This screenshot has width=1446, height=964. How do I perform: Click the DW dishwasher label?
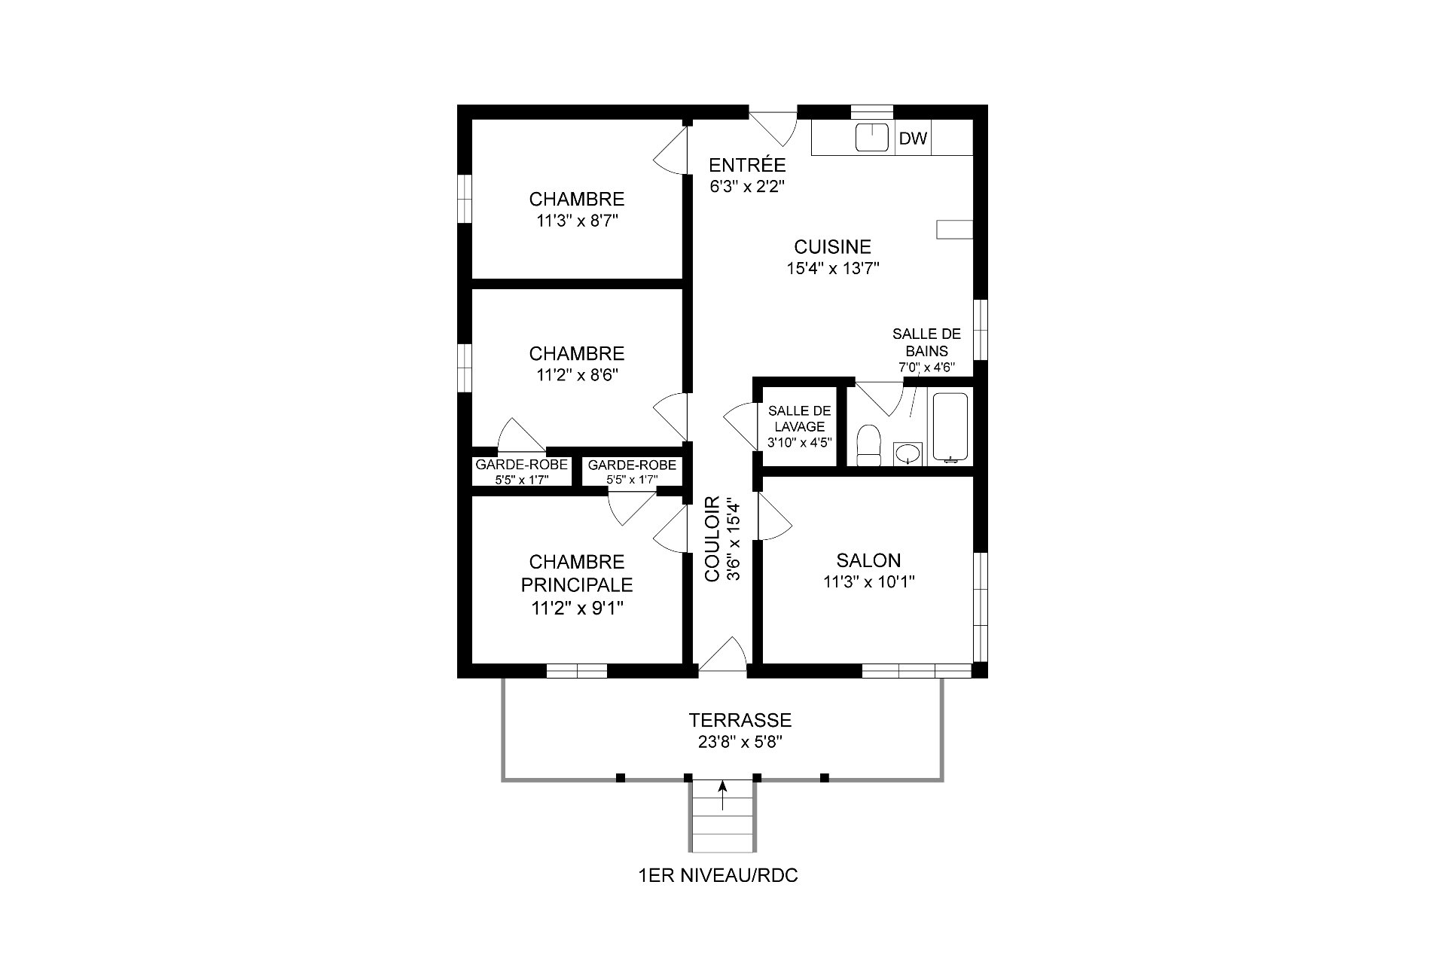pyautogui.click(x=913, y=139)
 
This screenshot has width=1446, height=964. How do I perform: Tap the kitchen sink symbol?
pyautogui.click(x=873, y=137)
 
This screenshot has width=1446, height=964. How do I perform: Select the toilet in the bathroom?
pyautogui.click(x=869, y=445)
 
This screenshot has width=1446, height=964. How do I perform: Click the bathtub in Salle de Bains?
pyautogui.click(x=950, y=426)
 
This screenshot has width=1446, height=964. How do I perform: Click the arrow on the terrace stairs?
pyautogui.click(x=723, y=795)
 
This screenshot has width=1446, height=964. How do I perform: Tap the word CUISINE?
pyautogui.click(x=832, y=247)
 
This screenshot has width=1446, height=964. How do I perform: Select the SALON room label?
pyautogui.click(x=868, y=560)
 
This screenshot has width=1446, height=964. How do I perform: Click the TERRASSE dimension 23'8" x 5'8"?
pyautogui.click(x=740, y=741)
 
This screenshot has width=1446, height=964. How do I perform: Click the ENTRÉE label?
pyautogui.click(x=747, y=165)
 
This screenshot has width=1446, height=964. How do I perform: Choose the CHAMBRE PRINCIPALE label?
pyautogui.click(x=577, y=573)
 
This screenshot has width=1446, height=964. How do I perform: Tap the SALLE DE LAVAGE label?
pyautogui.click(x=800, y=419)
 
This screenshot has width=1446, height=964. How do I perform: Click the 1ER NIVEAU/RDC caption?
pyautogui.click(x=718, y=876)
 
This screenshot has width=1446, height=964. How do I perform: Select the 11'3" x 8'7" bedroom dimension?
pyautogui.click(x=577, y=221)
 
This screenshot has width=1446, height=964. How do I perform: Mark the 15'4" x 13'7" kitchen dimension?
pyautogui.click(x=833, y=268)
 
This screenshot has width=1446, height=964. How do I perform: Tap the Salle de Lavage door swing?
pyautogui.click(x=740, y=426)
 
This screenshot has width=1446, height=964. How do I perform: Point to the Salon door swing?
pyautogui.click(x=775, y=517)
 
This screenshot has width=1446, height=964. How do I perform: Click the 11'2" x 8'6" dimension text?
pyautogui.click(x=577, y=375)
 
